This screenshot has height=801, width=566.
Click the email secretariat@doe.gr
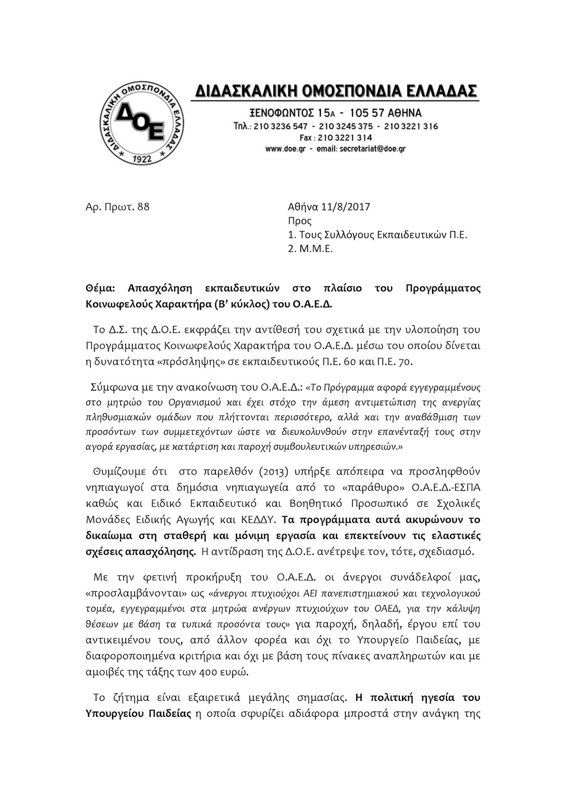pyautogui.click(x=366, y=149)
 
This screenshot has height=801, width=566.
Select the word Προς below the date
pyautogui.click(x=300, y=221)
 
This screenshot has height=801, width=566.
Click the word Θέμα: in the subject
pyautogui.click(x=100, y=288)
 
